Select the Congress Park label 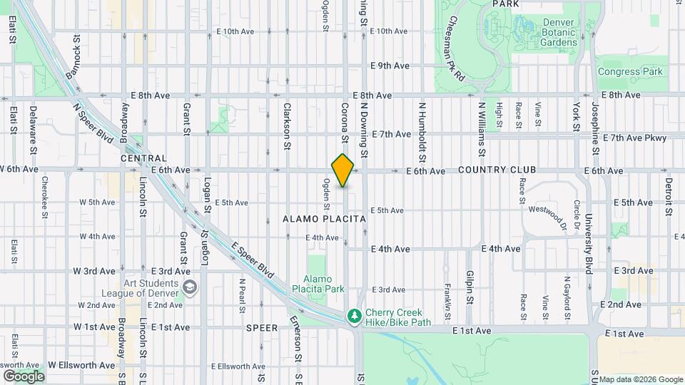(630, 71)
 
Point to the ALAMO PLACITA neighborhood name (324, 219)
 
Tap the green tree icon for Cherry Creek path (352, 316)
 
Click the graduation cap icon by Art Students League (190, 287)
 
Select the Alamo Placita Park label (318, 284)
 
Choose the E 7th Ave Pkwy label (634, 138)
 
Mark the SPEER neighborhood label (261, 329)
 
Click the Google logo (24, 376)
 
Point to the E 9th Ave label (390, 66)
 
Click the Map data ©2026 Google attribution (640, 379)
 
